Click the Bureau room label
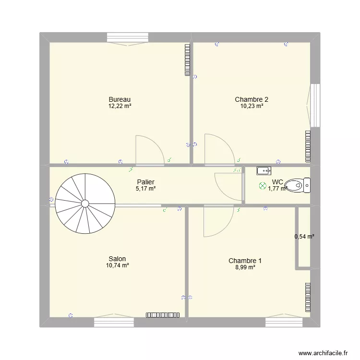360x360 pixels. pos(120,99)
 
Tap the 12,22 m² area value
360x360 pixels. pos(120,106)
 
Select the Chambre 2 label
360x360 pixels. pos(252,99)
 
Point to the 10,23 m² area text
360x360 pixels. pos(252,106)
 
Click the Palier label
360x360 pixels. pos(145,182)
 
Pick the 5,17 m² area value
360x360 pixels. pos(145,189)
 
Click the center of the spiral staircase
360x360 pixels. pos(85,204)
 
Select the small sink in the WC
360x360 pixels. pos(264,170)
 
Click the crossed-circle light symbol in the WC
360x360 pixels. pos(262,185)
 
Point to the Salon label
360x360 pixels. pos(117,259)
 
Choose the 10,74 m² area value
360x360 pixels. pos(117,265)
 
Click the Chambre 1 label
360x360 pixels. pos(245,261)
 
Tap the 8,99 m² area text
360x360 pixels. pos(245,267)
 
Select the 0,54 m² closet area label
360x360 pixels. pos(304,236)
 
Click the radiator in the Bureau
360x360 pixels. pos(187,60)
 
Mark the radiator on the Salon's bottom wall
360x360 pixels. pos(163,315)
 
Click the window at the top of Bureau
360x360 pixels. pos(128,37)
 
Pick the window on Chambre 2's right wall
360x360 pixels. pos(315,105)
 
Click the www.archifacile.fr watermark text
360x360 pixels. pos(322,352)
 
